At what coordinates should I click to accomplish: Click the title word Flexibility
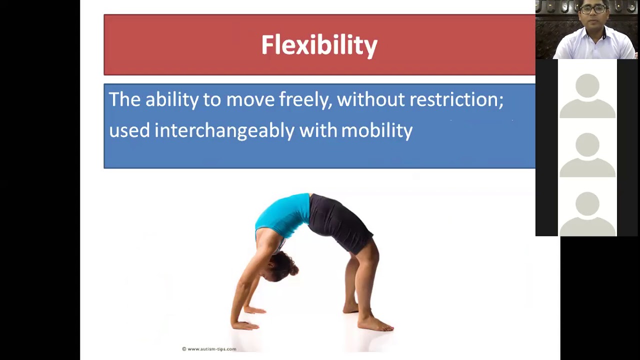(x=319, y=45)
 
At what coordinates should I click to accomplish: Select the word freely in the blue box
(x=305, y=99)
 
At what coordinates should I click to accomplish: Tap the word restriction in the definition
(x=456, y=99)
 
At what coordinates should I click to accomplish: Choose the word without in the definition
(x=370, y=99)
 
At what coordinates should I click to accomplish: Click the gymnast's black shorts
(x=340, y=222)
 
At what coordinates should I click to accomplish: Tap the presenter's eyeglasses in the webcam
(x=593, y=9)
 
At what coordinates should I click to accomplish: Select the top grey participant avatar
(x=587, y=96)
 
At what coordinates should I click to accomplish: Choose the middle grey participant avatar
(x=587, y=155)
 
